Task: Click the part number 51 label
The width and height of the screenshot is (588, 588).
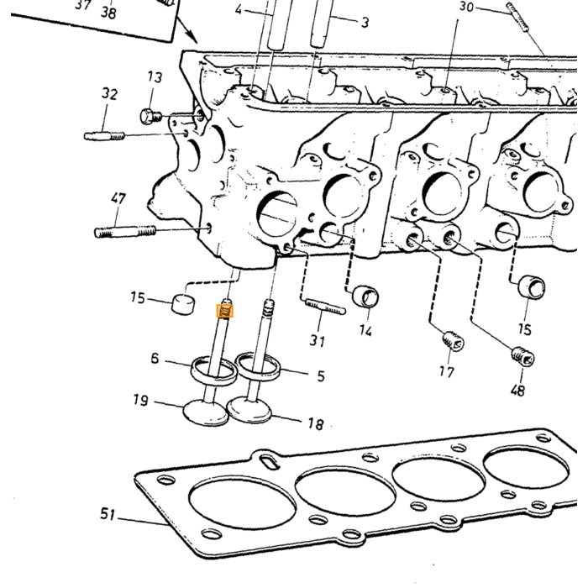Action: pyautogui.click(x=108, y=514)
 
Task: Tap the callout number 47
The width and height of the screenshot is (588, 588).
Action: pyautogui.click(x=118, y=198)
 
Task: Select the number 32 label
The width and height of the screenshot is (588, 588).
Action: pyautogui.click(x=109, y=93)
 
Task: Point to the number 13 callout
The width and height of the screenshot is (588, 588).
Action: pyautogui.click(x=155, y=77)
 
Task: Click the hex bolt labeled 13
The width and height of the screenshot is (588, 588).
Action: pyautogui.click(x=150, y=116)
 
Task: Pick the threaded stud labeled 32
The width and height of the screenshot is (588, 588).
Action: pyautogui.click(x=104, y=135)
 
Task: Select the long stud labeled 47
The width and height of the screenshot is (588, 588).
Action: pyautogui.click(x=125, y=231)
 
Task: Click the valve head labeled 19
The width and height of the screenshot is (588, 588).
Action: pyautogui.click(x=206, y=413)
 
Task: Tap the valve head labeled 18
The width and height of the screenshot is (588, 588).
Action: pyautogui.click(x=249, y=410)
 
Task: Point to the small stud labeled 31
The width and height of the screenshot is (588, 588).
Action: pyautogui.click(x=326, y=307)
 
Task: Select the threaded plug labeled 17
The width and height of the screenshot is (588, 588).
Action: pyautogui.click(x=454, y=341)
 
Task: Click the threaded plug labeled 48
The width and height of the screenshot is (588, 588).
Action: pyautogui.click(x=523, y=356)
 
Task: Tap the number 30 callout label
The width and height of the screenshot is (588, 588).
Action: pyautogui.click(x=466, y=7)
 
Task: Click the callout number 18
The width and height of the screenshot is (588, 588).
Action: pyautogui.click(x=316, y=423)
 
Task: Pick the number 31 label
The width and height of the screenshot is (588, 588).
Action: pyautogui.click(x=318, y=340)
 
